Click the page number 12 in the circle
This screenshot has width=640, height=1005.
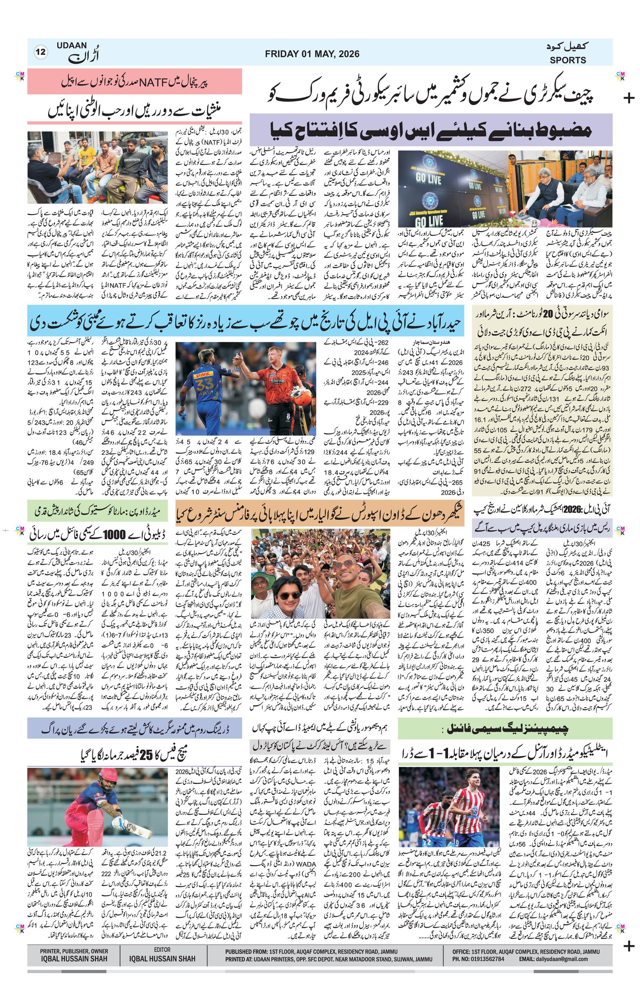click(x=41, y=52)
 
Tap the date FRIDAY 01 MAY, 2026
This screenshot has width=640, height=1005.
click(x=312, y=54)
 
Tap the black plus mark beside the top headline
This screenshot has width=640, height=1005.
click(x=628, y=98)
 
